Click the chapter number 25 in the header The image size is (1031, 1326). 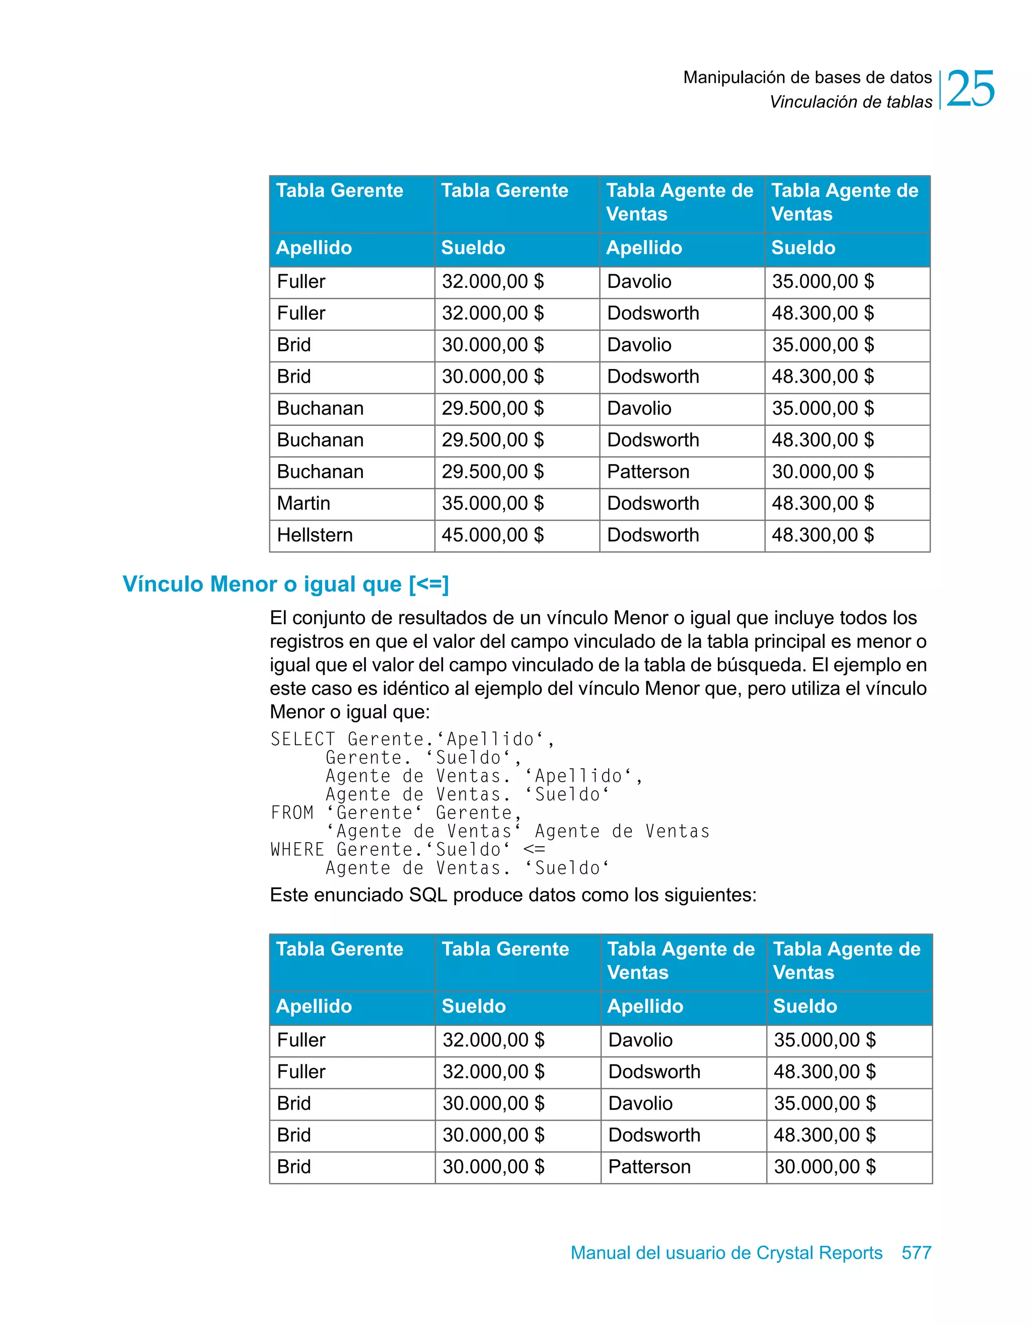coord(970,89)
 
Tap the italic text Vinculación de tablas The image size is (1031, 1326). coord(850,102)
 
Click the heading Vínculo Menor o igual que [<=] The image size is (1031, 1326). coord(285,584)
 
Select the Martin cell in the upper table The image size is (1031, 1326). coord(304,503)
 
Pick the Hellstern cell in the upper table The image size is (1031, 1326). coord(315,535)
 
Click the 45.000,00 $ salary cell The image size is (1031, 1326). coord(492,535)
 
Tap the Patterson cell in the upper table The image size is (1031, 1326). coord(648,472)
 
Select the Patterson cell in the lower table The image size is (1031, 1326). coord(649,1166)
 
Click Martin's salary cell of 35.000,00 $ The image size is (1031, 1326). coord(492,503)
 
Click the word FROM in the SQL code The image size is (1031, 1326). coord(292,813)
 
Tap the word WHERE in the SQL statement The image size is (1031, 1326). coord(297,849)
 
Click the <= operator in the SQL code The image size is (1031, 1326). coord(534,849)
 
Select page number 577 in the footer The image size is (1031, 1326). coord(916,1253)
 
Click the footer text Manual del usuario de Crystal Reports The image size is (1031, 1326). coord(726,1253)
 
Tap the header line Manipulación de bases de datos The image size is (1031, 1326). coord(807,78)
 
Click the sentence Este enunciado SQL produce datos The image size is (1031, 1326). coord(512,895)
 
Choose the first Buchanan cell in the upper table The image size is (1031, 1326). coord(320,408)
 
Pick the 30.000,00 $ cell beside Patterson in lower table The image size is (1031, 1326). coord(824,1166)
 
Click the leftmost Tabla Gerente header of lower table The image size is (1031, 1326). coord(339,949)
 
